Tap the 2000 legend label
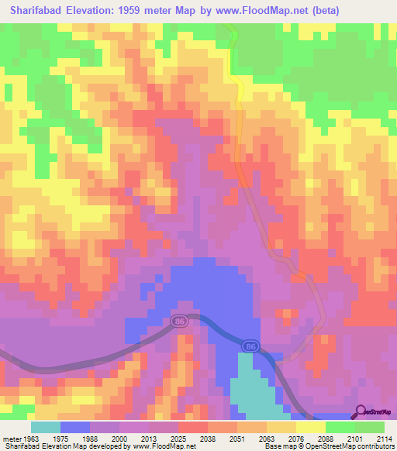pos(119,439)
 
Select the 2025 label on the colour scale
pos(178,439)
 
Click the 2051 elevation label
pos(237,439)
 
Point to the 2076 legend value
pos(296,439)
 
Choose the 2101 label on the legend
pos(355,439)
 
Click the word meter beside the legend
pos(11,439)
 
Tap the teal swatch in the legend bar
pos(46,427)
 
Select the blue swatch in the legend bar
pos(75,427)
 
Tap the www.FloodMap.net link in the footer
pos(163,447)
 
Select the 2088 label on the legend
pos(326,439)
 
